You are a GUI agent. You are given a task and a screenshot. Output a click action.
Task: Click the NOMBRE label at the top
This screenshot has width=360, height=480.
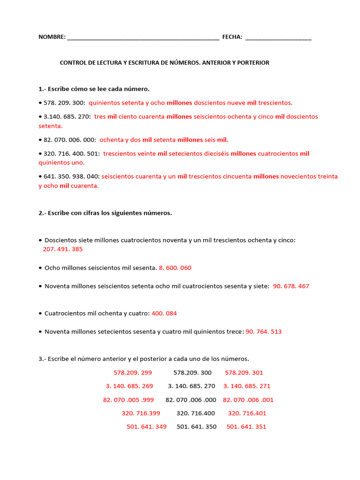[x=52, y=37]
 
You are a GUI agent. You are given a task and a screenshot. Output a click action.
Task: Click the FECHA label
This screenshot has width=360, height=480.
[x=232, y=37]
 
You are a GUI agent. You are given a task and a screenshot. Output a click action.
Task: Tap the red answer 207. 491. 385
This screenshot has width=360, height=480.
[x=62, y=249]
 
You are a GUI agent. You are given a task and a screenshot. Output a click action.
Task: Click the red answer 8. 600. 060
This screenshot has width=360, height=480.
[x=175, y=268]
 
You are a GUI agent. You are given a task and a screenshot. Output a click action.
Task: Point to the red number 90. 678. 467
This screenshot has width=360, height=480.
[x=291, y=286]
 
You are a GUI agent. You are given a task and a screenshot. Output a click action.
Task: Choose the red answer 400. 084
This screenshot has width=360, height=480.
[x=164, y=313]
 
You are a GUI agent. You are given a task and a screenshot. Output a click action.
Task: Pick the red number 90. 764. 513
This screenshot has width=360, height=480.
[x=263, y=332]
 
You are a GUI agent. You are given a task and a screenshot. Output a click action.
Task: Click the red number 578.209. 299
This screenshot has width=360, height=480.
[x=133, y=373]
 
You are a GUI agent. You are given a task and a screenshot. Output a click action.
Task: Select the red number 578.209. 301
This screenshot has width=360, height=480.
[x=244, y=373]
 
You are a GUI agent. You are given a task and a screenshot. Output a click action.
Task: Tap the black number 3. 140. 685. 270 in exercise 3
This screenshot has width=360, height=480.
[x=191, y=386]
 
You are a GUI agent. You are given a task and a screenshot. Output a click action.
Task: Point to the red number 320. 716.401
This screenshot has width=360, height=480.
[x=247, y=413]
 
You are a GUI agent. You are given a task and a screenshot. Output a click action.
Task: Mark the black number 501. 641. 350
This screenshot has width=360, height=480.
[x=196, y=427]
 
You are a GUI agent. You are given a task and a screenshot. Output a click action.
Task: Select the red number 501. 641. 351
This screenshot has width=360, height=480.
[x=246, y=427]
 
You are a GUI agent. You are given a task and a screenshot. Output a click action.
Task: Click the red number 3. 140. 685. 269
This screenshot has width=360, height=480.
[x=129, y=386]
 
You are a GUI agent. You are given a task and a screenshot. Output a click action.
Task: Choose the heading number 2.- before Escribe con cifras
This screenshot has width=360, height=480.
[x=43, y=213]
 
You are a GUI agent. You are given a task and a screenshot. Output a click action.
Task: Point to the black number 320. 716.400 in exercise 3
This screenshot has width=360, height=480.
[x=195, y=413]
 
